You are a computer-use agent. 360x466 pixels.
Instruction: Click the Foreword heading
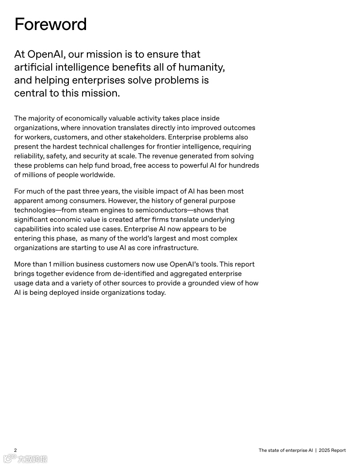(x=50, y=24)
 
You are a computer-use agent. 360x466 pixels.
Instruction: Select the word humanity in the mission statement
(x=203, y=68)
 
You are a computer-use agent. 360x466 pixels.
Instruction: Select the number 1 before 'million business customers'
(x=50, y=264)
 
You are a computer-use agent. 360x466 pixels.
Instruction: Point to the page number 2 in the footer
(x=15, y=450)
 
